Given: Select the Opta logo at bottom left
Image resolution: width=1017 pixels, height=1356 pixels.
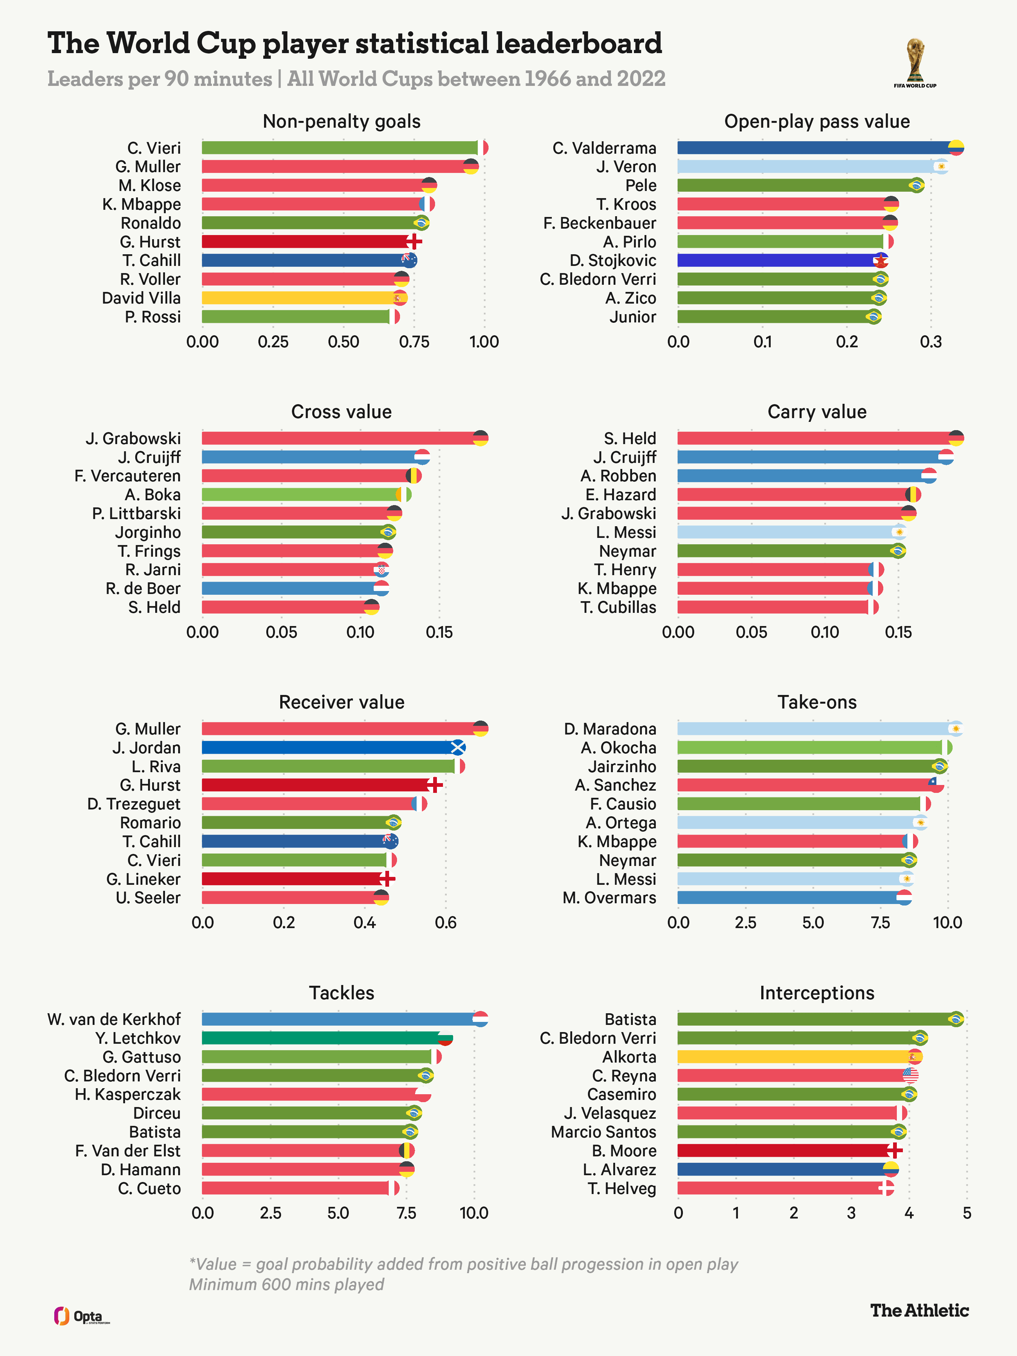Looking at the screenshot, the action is click(81, 1316).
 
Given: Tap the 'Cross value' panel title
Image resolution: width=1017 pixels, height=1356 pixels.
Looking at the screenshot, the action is click(342, 412).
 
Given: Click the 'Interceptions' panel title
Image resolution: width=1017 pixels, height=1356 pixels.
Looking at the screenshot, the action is click(817, 993).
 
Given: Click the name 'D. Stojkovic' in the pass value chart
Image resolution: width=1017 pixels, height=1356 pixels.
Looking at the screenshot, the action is click(612, 261).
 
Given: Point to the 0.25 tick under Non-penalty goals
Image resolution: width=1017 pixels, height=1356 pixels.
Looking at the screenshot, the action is click(273, 342).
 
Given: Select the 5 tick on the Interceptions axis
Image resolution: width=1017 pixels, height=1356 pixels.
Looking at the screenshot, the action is click(967, 1213).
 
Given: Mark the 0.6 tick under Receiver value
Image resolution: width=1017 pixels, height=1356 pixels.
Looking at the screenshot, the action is click(446, 922).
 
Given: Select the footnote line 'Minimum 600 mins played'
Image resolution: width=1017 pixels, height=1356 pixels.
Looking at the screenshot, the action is click(286, 1285).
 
